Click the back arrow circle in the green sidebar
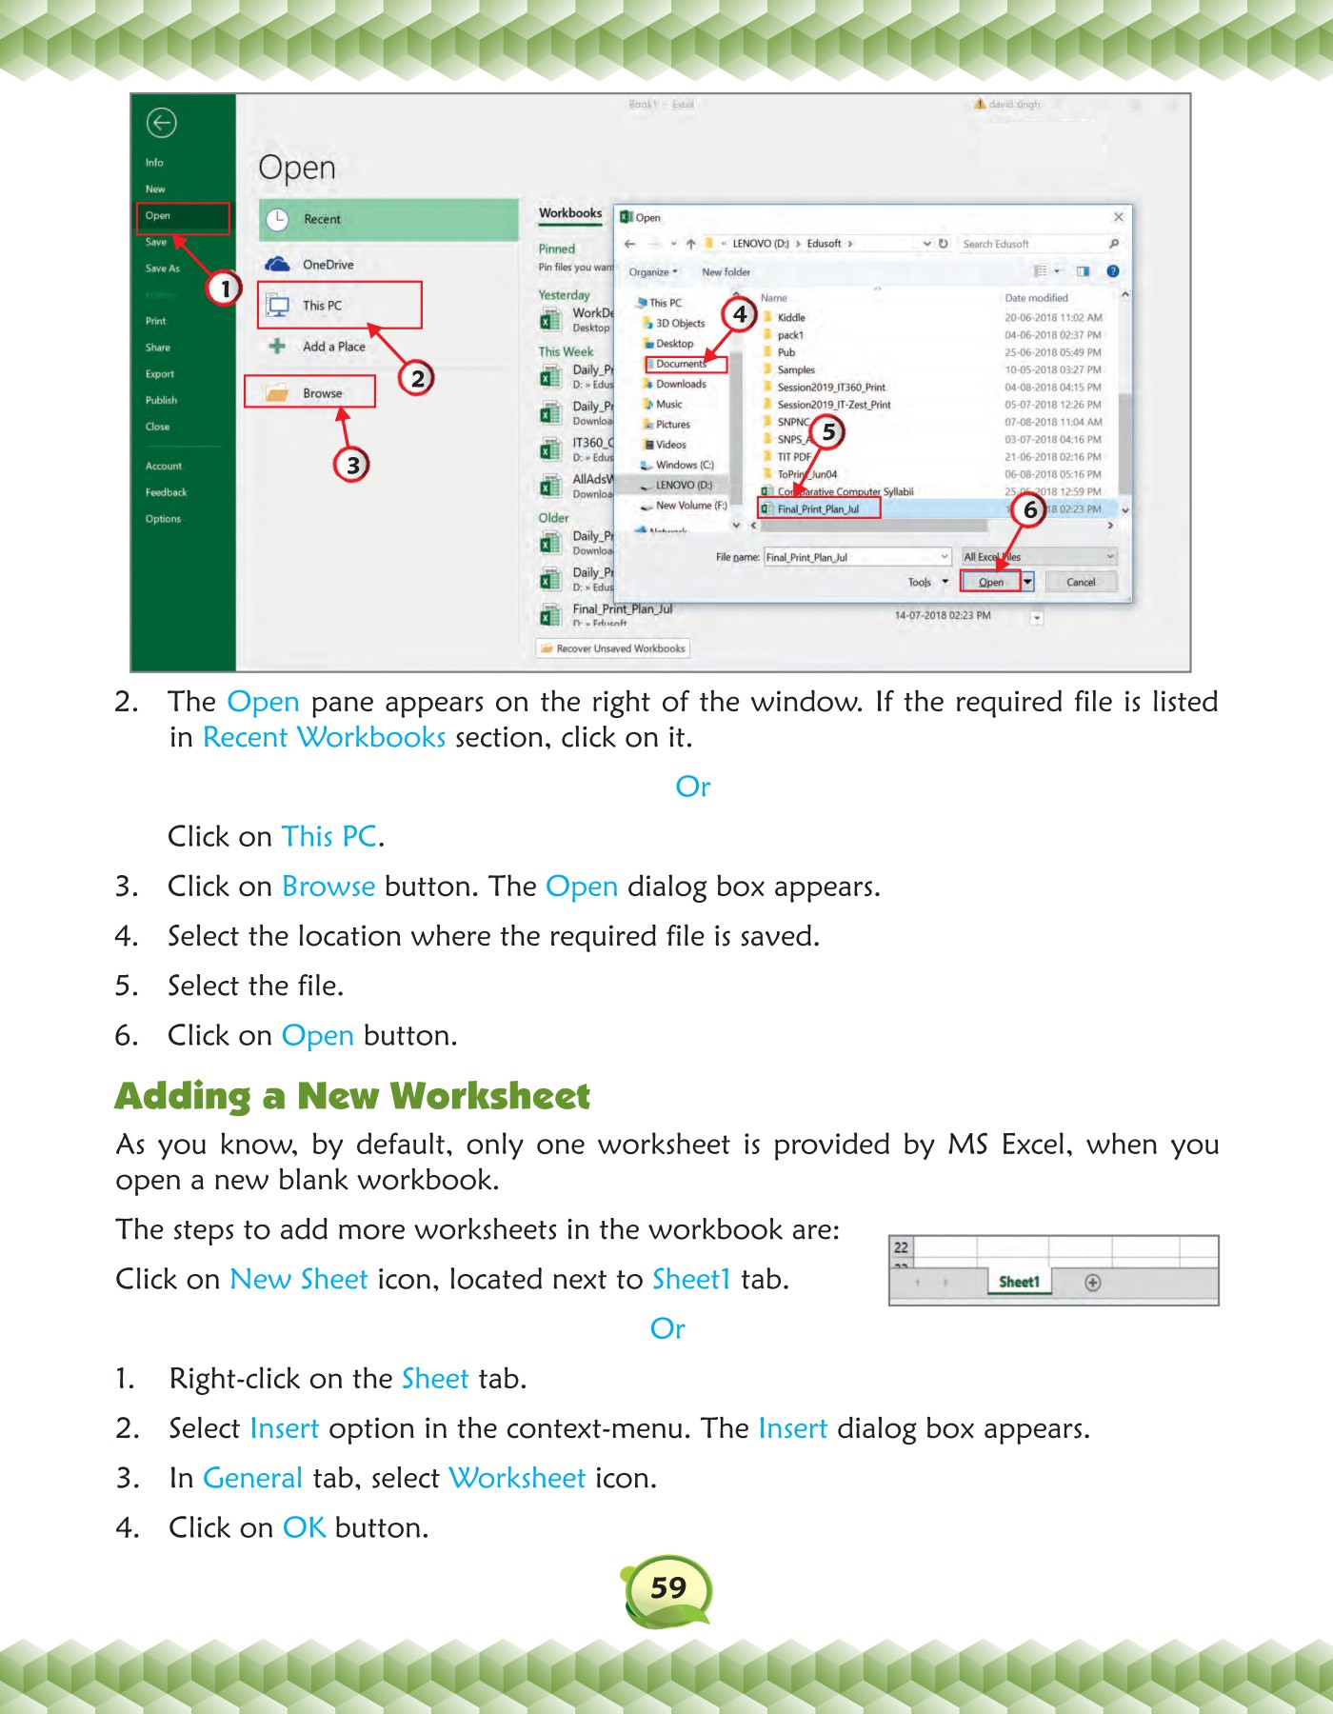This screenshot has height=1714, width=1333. pos(162,123)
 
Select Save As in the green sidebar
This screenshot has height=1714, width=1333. pos(163,269)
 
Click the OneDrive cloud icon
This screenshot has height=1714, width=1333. pos(277,264)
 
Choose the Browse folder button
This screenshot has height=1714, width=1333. pos(310,392)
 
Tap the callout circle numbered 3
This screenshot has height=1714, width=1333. pos(352,465)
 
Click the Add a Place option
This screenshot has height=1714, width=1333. pos(333,347)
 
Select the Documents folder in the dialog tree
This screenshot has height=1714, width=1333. pos(683,364)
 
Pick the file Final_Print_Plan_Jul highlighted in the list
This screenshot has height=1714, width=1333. pos(818,508)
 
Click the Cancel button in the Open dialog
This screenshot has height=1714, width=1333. pos(1081,582)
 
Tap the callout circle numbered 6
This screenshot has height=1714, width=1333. pos(1029,510)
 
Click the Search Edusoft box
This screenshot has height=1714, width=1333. pos(1033,244)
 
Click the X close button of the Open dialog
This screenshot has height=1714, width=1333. pos(1119,217)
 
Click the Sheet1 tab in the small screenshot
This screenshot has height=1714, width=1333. pos(1019,1282)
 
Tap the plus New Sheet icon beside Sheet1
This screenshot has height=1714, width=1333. pos(1093,1283)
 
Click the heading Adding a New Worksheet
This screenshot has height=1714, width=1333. pos(352,1096)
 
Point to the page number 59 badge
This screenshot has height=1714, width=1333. pos(668,1587)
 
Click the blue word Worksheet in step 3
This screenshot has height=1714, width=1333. pos(517,1478)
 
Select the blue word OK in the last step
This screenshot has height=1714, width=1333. pos(305,1527)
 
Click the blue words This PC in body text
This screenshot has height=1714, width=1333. pos(329,836)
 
